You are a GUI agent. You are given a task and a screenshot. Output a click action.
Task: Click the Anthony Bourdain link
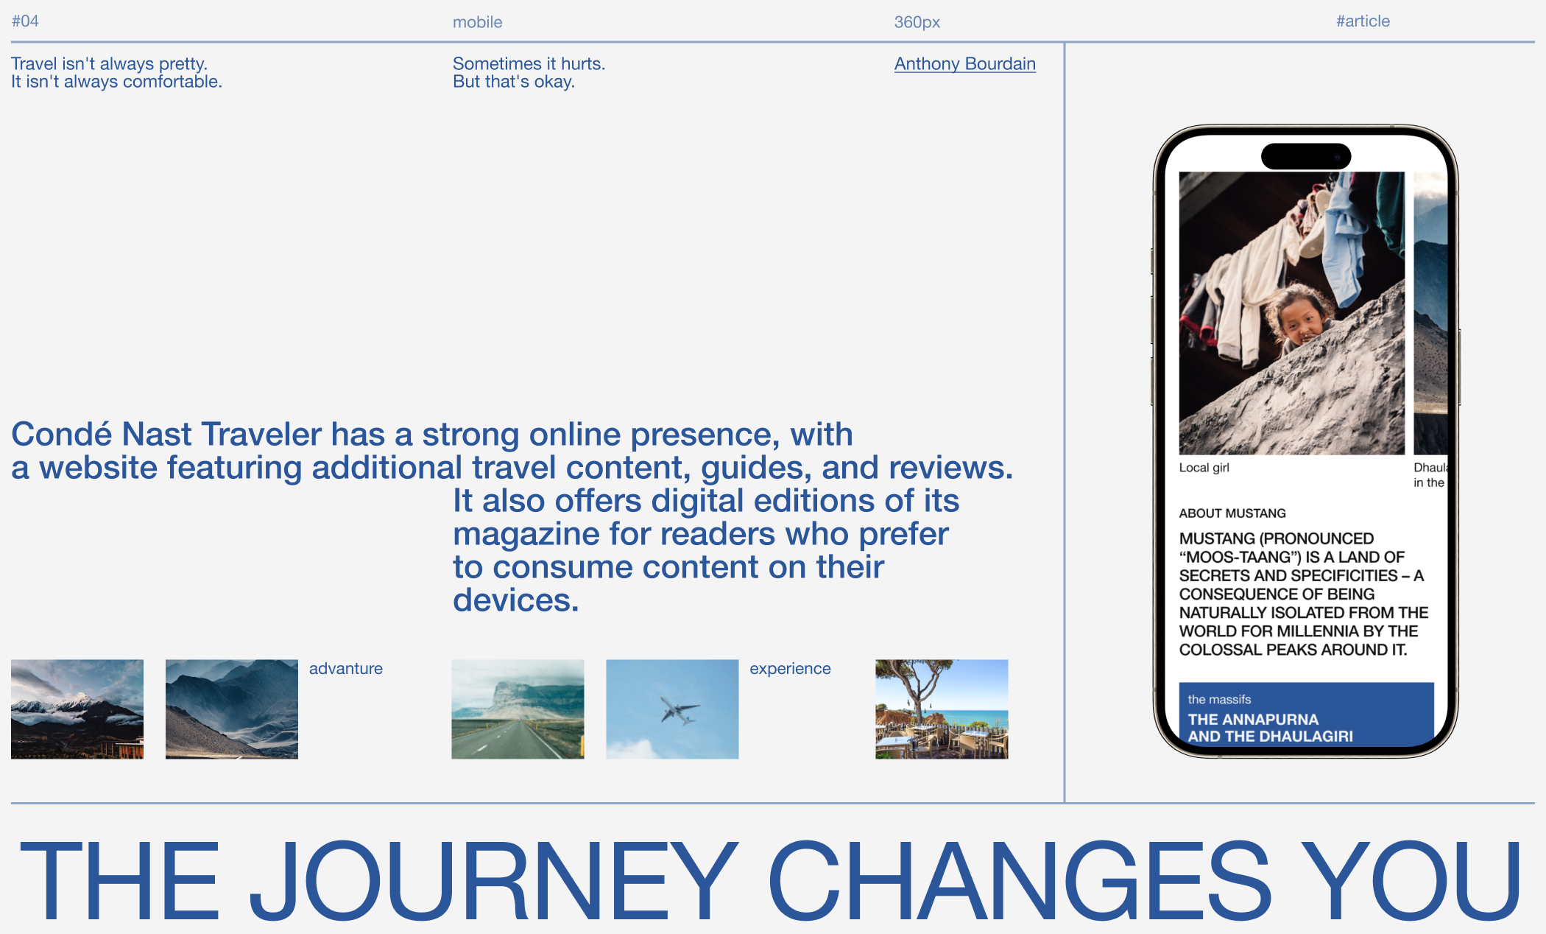click(x=964, y=64)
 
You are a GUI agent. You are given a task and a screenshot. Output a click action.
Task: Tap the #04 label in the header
click(x=25, y=21)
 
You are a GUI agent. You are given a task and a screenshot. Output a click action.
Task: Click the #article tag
click(x=1363, y=21)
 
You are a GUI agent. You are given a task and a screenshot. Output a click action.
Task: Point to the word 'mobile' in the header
click(x=477, y=22)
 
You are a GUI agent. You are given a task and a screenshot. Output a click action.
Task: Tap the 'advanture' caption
click(x=346, y=669)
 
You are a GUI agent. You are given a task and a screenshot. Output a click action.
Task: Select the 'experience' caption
click(x=790, y=669)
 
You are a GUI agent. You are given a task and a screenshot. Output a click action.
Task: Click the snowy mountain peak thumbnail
click(x=77, y=709)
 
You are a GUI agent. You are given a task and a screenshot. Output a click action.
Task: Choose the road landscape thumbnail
click(x=518, y=709)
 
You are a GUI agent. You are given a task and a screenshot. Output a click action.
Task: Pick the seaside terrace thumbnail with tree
click(x=942, y=709)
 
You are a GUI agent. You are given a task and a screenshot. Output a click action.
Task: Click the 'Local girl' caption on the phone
click(x=1204, y=468)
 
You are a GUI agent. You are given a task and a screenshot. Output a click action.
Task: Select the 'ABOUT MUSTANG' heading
click(x=1232, y=513)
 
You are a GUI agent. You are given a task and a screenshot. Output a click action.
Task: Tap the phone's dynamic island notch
click(x=1306, y=156)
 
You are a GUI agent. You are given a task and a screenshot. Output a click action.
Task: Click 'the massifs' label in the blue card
click(x=1219, y=700)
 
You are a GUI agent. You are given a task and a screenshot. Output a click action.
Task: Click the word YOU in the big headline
click(x=1412, y=880)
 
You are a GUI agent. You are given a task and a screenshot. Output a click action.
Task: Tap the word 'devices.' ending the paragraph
click(x=515, y=600)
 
